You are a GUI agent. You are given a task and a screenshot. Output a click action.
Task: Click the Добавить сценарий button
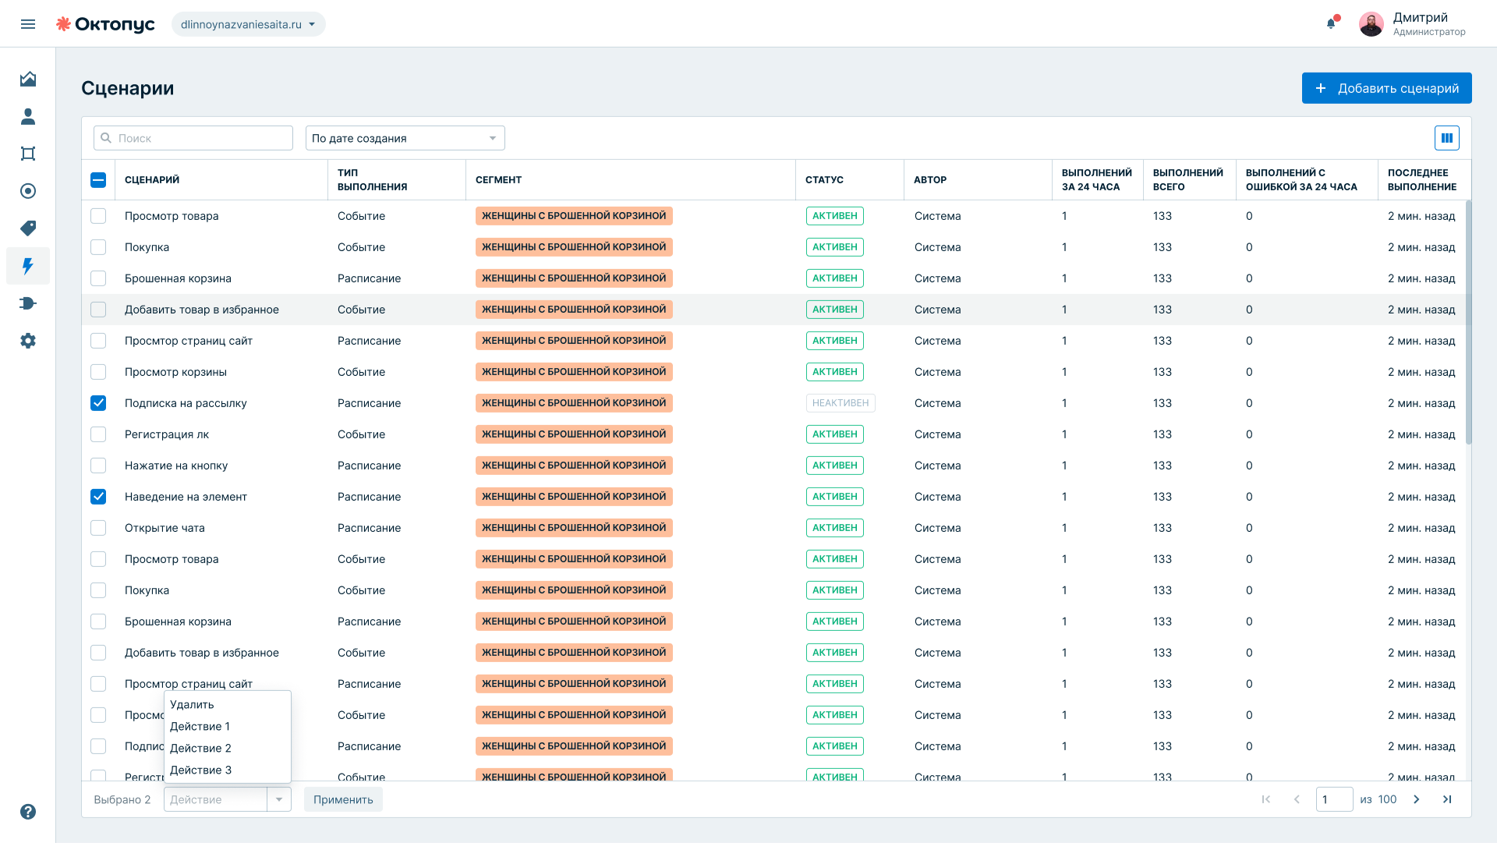tap(1386, 88)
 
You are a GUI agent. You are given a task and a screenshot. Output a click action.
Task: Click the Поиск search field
tap(193, 138)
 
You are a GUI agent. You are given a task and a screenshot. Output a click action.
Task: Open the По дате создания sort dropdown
tap(405, 138)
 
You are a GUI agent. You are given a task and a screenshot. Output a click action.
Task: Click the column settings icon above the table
tap(1447, 138)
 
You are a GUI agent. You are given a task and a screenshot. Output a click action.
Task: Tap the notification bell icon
tap(1331, 23)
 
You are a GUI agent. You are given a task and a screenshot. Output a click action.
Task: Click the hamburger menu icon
tap(28, 24)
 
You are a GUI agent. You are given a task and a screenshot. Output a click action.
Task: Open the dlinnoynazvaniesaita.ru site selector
tap(248, 24)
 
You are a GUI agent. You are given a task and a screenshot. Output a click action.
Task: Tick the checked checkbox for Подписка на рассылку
tap(98, 403)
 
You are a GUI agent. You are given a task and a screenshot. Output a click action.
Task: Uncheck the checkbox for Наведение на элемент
tap(98, 497)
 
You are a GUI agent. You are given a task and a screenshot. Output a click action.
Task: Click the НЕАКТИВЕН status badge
tap(841, 403)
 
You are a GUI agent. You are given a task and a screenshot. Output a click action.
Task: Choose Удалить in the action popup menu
tap(192, 704)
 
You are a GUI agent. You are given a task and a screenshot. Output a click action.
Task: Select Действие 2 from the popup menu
tap(200, 748)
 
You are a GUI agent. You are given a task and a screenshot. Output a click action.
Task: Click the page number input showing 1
tap(1334, 799)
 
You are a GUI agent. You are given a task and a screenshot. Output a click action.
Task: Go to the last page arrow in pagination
tap(1447, 799)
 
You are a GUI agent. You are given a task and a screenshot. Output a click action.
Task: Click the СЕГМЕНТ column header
tap(498, 180)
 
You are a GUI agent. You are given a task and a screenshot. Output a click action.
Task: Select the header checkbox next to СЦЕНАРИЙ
tap(98, 180)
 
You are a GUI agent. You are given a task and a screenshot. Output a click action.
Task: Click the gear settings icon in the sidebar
tap(28, 341)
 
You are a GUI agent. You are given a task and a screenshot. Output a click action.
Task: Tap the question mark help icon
tap(28, 812)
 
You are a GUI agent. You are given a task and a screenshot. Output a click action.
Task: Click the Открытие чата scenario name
tap(165, 528)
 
